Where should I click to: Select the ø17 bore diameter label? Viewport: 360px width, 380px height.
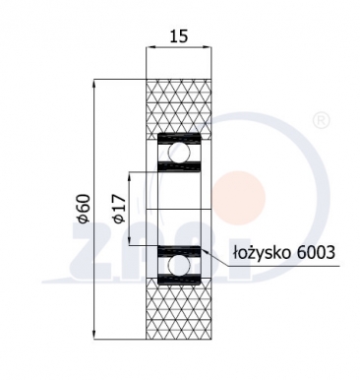coord(118,210)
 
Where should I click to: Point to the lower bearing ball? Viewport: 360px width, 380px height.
coord(180,266)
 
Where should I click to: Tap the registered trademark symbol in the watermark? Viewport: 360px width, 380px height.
coord(320,121)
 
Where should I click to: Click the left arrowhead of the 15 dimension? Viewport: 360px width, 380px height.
coord(150,45)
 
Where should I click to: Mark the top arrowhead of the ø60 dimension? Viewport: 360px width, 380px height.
coord(94,82)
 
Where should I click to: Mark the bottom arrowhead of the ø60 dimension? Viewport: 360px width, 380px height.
coord(94,335)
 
